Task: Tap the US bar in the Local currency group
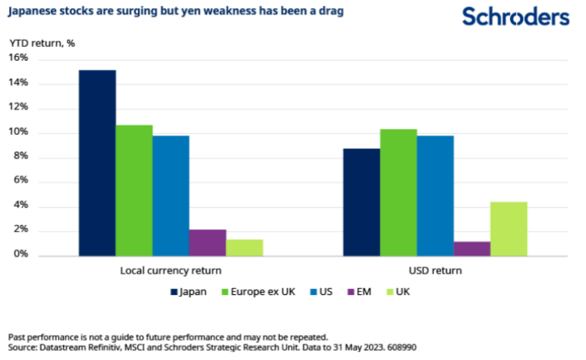click(x=171, y=196)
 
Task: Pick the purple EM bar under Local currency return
click(x=208, y=243)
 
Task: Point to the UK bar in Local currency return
click(x=244, y=248)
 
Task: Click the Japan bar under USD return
click(x=361, y=202)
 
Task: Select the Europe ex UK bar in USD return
click(x=398, y=192)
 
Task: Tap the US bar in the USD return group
click(x=435, y=196)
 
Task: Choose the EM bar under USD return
click(x=472, y=249)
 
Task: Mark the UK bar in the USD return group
click(x=509, y=229)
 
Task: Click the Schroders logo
click(x=515, y=16)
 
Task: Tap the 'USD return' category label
click(x=435, y=271)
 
